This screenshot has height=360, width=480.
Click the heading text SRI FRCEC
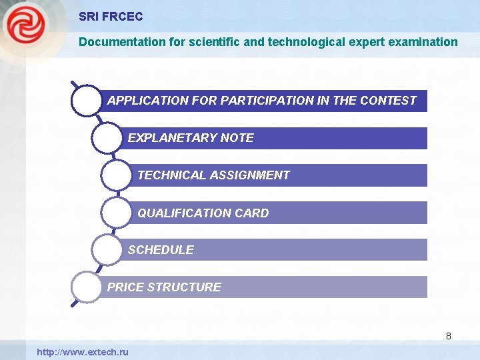pos(111,17)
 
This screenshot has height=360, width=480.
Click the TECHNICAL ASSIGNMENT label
pos(213,175)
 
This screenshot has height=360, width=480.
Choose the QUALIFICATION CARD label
pos(203,213)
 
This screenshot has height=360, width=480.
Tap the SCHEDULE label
pos(161,250)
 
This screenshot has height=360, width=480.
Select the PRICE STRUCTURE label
pos(164,287)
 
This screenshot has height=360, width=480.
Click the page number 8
pos(449,336)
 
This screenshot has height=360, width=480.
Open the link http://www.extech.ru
pos(83,351)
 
